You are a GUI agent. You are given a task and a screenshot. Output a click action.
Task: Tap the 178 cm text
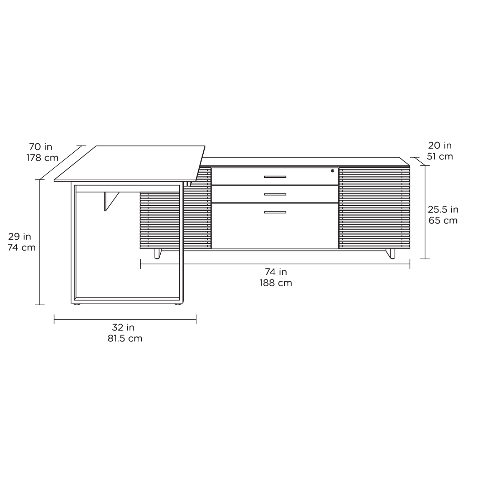pyautogui.click(x=42, y=158)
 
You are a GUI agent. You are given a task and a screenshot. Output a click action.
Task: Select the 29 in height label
pyautogui.click(x=19, y=236)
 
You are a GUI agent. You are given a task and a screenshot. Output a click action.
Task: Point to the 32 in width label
pyautogui.click(x=123, y=327)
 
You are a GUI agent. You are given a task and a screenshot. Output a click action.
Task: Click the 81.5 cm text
pyautogui.click(x=125, y=338)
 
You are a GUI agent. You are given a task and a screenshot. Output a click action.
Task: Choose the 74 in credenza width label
pyautogui.click(x=276, y=272)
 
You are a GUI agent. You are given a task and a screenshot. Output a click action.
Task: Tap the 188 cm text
pyautogui.click(x=276, y=283)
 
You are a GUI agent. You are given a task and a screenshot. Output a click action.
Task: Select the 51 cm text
pyautogui.click(x=440, y=156)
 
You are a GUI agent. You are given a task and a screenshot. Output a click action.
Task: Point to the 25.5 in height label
pyautogui.click(x=443, y=209)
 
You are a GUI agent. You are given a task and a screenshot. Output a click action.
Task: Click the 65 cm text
pyautogui.click(x=443, y=220)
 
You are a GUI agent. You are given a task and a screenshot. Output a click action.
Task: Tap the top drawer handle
pyautogui.click(x=275, y=177)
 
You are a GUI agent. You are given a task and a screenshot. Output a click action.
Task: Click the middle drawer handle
pyautogui.click(x=275, y=194)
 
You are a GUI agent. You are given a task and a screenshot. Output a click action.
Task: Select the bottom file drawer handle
pyautogui.click(x=275, y=212)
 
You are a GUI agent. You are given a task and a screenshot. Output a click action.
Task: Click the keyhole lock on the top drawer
pyautogui.click(x=332, y=171)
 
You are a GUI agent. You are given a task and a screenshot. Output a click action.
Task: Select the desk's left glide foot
pyautogui.click(x=77, y=305)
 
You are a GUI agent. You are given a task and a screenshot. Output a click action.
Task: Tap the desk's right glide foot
pyautogui.click(x=177, y=305)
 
